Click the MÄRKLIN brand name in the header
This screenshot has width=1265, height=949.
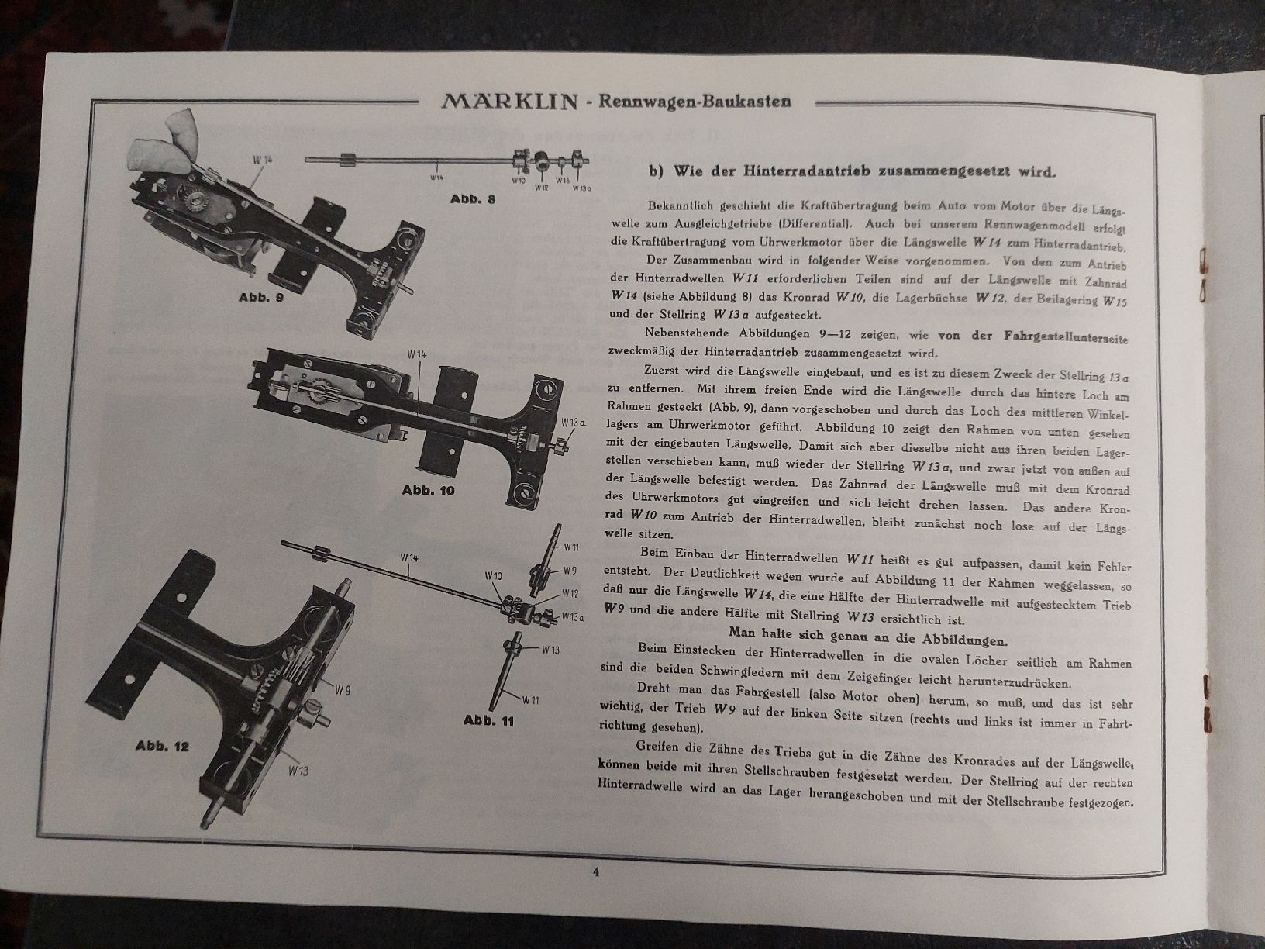click(x=509, y=102)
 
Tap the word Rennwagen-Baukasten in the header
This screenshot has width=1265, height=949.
click(x=695, y=102)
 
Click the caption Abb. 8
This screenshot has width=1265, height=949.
click(x=473, y=199)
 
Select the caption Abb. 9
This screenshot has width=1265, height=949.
click(x=261, y=298)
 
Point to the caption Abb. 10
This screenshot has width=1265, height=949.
click(x=428, y=490)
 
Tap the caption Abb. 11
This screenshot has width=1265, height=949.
click(x=488, y=721)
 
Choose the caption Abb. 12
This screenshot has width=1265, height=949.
click(x=162, y=746)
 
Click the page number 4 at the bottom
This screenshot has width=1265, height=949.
click(x=596, y=871)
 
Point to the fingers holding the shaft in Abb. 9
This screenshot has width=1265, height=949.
click(x=164, y=143)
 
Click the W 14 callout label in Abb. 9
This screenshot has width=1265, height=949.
click(x=262, y=160)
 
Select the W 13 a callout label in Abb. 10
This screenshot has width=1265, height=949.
click(x=574, y=423)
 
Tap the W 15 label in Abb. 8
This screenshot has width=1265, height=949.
click(x=563, y=181)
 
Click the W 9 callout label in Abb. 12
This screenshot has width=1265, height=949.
click(x=343, y=690)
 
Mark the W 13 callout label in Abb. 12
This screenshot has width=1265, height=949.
click(x=298, y=771)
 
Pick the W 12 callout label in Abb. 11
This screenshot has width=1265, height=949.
click(x=570, y=593)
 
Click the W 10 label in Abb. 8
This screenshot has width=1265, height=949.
click(x=519, y=181)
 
